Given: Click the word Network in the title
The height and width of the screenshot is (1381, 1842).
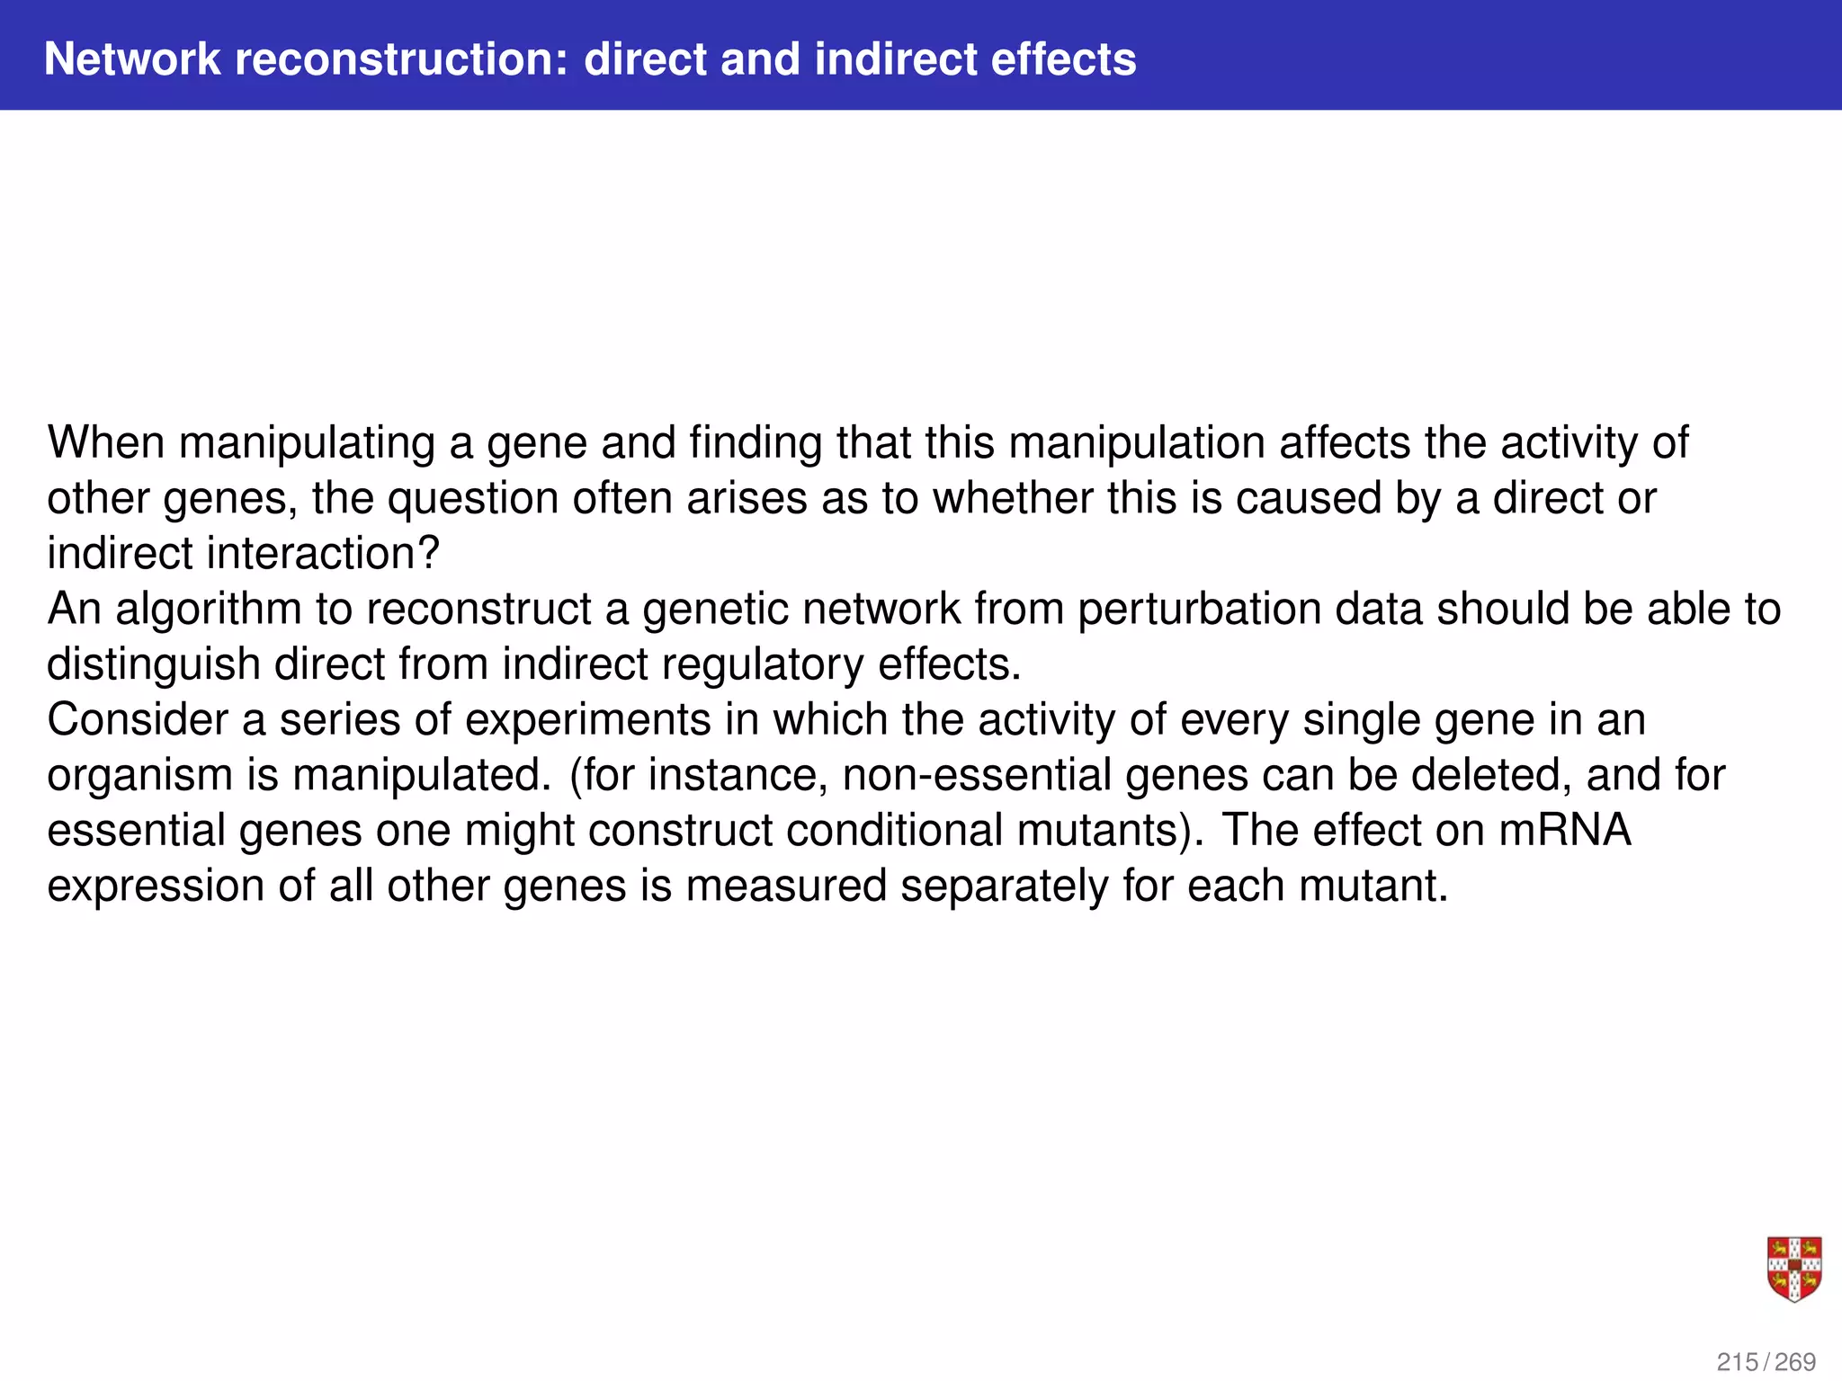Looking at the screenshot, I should [x=132, y=59].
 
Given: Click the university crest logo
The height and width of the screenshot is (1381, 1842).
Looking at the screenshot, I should [x=1794, y=1269].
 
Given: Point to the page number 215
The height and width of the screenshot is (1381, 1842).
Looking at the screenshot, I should [x=1738, y=1362].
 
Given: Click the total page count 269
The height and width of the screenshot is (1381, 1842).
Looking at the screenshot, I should [x=1795, y=1362].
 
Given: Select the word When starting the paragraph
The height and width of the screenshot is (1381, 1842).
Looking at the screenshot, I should [x=105, y=443].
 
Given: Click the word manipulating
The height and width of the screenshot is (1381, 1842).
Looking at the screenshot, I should [x=307, y=443].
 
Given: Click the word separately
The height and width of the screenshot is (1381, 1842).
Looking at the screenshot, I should [x=1004, y=887].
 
